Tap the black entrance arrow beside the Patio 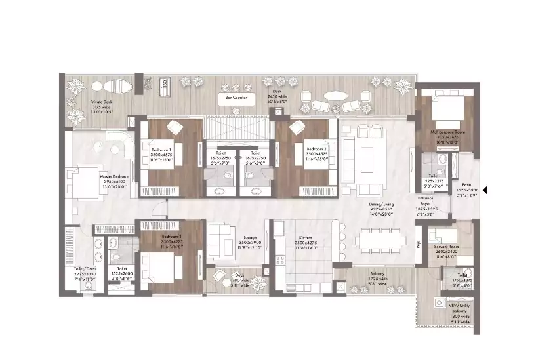(485, 191)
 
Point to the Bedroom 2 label (316, 149)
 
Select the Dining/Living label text (380, 203)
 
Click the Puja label (418, 243)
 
